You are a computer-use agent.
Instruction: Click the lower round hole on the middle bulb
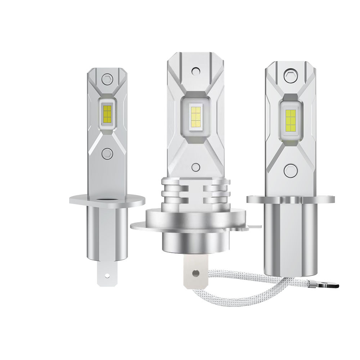tap(195, 167)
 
